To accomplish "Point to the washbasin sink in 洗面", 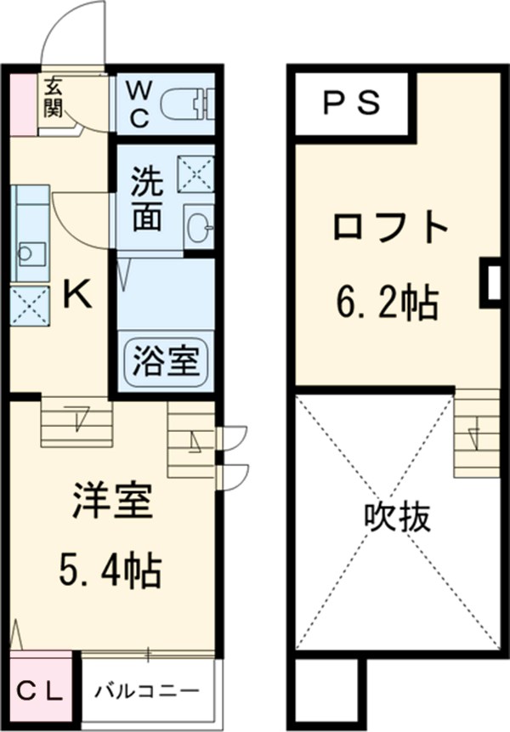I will coord(200,226).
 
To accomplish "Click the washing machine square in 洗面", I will coord(195,175).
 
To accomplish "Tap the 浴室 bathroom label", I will coord(166,361).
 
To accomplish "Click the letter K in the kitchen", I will coord(76,295).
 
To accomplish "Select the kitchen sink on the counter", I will coord(32,253).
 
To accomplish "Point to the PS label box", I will coord(350,103).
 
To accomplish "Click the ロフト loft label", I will coord(389,228).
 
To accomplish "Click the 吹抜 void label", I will coord(397,515).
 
